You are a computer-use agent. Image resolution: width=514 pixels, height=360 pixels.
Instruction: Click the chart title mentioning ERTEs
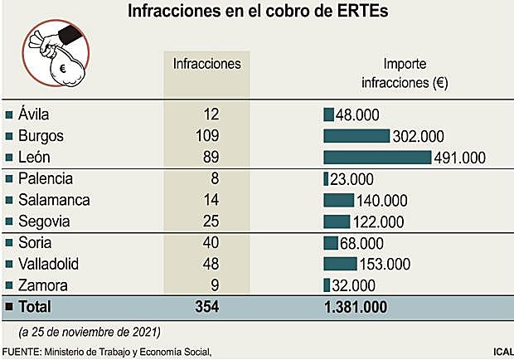click(x=257, y=12)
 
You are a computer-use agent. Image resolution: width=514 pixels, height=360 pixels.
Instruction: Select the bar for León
click(x=377, y=157)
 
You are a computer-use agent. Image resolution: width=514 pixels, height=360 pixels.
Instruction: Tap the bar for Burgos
click(x=356, y=135)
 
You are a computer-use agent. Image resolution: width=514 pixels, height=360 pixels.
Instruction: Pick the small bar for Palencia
click(x=326, y=178)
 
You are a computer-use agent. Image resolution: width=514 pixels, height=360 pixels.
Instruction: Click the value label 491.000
click(x=460, y=158)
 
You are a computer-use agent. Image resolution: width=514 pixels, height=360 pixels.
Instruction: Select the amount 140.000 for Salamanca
click(x=382, y=201)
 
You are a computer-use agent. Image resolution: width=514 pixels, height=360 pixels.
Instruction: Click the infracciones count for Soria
click(x=208, y=243)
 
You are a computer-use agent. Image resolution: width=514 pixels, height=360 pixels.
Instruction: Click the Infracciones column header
click(x=206, y=64)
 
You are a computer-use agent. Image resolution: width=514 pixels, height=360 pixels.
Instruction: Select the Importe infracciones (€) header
click(x=404, y=72)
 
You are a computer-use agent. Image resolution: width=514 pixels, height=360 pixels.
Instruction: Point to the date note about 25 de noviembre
click(x=89, y=332)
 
